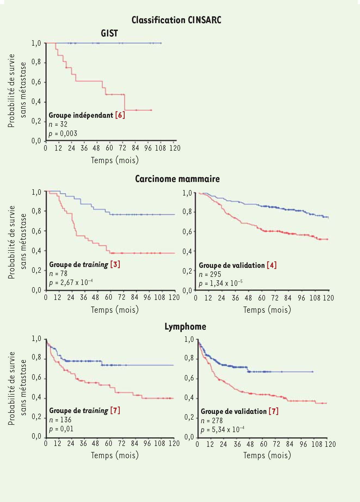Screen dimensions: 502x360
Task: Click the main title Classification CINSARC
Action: click(176, 20)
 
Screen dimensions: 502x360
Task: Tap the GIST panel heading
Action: click(109, 33)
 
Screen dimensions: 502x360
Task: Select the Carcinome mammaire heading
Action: click(177, 179)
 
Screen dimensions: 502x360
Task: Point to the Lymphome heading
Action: click(185, 327)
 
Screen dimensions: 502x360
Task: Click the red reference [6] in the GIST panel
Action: click(120, 115)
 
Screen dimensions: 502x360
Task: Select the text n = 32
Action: click(58, 124)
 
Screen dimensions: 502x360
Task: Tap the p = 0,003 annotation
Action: click(63, 134)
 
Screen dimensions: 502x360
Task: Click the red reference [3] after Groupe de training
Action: click(115, 264)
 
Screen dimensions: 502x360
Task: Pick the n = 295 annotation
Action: click(210, 274)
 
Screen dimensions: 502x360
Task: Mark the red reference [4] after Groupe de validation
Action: click(272, 265)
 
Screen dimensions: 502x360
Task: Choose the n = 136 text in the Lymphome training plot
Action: click(60, 420)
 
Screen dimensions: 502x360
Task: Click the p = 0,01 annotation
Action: click(61, 429)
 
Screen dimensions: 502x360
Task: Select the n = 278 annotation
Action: click(212, 421)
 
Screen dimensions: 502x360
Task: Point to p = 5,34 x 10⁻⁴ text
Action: click(222, 430)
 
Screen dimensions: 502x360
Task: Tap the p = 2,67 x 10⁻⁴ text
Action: click(71, 283)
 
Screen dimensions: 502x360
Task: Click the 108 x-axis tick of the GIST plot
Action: click(160, 148)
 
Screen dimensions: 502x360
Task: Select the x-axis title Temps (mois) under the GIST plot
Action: click(115, 160)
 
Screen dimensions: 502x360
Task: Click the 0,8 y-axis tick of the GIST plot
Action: click(36, 62)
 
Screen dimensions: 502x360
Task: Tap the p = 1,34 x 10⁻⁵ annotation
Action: click(220, 283)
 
